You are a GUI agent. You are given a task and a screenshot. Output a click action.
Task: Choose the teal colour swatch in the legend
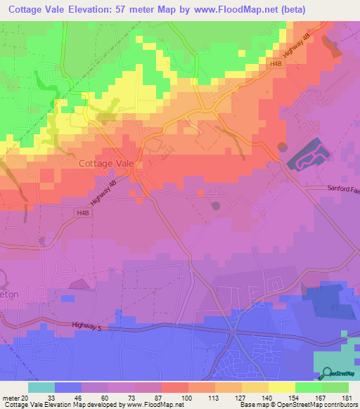tap(41, 387)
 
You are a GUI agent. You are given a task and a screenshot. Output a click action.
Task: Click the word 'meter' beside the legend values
tap(11, 398)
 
